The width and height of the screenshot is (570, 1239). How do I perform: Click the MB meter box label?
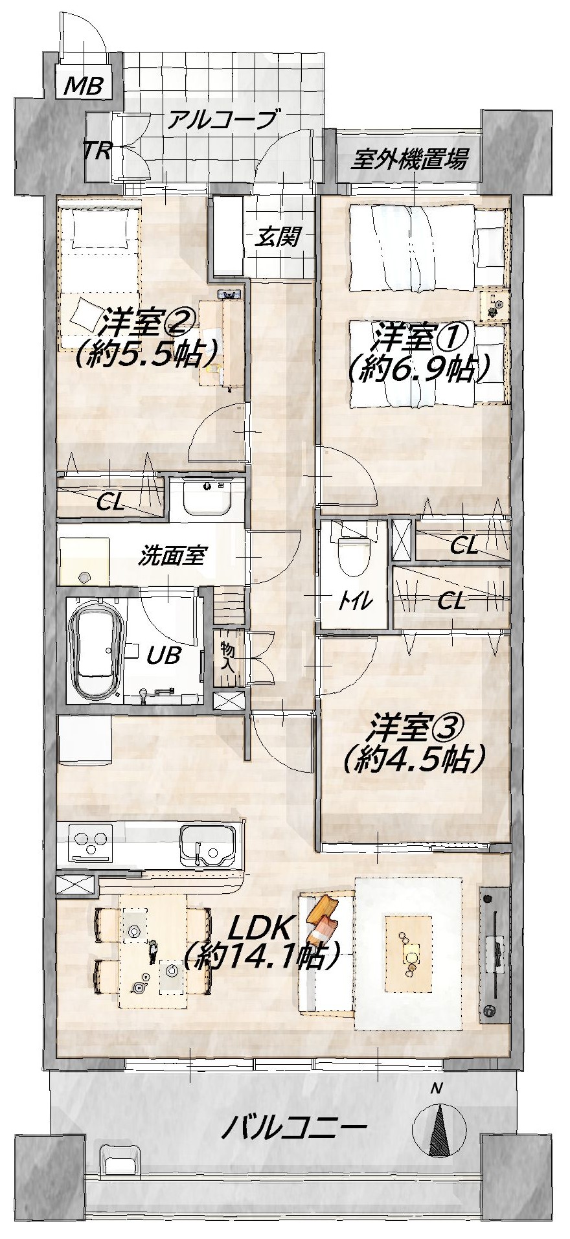point(84,85)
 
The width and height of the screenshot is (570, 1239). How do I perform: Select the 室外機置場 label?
point(409,158)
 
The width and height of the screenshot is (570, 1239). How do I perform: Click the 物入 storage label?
point(227,657)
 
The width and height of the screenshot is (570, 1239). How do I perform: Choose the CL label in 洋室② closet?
point(111,503)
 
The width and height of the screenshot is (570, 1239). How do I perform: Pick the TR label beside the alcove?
point(98,152)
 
